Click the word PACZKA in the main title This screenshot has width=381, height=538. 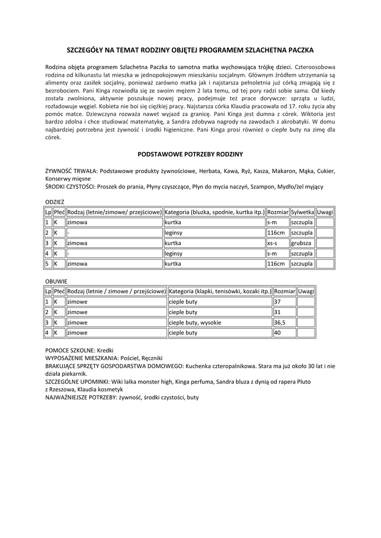[x=298, y=50]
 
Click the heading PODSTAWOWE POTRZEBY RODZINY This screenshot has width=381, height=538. [x=190, y=154]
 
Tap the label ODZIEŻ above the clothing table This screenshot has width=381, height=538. [x=55, y=201]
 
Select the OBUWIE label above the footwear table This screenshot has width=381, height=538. [x=56, y=281]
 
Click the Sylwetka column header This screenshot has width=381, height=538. [x=302, y=212]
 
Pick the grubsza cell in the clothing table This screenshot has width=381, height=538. [x=301, y=243]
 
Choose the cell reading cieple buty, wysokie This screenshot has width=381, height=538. [x=195, y=322]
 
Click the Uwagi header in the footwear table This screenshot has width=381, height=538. [x=306, y=291]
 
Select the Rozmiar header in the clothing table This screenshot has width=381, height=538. [x=277, y=212]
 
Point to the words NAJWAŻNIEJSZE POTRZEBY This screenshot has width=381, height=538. [x=81, y=398]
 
